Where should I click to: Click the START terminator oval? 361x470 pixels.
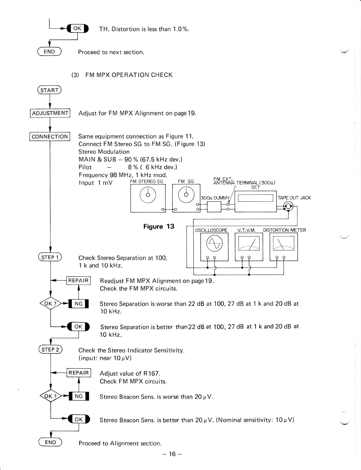coord(49,90)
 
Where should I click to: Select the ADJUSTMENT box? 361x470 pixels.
coord(50,113)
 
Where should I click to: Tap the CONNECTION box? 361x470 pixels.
coord(50,137)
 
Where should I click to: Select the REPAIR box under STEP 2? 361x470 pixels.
coord(79,373)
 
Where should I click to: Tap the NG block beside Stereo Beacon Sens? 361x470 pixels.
coord(79,396)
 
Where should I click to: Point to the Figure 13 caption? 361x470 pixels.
coord(159,226)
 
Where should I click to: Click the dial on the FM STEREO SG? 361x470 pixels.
coord(148,195)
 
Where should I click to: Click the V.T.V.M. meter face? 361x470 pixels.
coord(249,244)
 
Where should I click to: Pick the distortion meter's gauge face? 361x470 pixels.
coord(283,244)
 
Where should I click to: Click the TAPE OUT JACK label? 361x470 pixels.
coord(294,198)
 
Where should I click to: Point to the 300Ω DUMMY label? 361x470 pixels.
coord(215,198)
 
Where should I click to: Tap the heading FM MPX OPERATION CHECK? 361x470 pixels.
coord(129,75)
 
